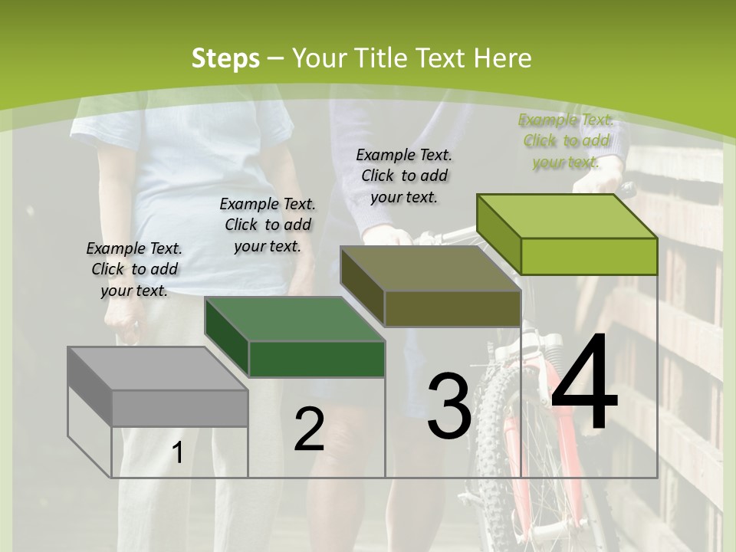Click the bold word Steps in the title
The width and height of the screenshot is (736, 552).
click(225, 58)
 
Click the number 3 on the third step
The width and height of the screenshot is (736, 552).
click(449, 406)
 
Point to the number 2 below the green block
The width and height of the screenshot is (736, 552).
click(309, 429)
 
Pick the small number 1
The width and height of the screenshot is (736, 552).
click(178, 453)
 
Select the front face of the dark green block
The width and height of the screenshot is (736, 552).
click(317, 359)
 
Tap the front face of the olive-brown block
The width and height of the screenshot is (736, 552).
click(452, 308)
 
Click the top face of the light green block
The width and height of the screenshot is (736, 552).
click(567, 215)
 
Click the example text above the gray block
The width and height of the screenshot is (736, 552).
click(134, 269)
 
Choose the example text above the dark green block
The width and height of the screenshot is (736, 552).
click(268, 225)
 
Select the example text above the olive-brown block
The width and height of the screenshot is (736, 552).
click(404, 176)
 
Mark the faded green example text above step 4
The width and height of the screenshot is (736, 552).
click(566, 140)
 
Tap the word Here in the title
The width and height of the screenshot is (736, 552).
click(504, 58)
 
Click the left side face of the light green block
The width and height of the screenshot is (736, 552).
click(498, 233)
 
